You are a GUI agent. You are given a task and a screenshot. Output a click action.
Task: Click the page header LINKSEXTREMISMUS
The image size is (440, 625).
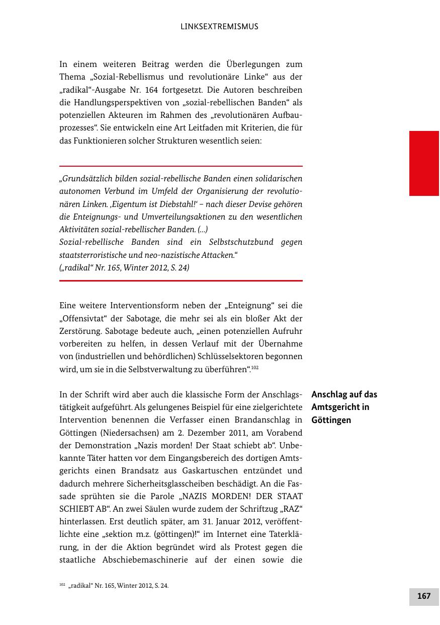tap(219, 27)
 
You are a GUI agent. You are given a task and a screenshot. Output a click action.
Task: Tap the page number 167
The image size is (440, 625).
tap(423, 596)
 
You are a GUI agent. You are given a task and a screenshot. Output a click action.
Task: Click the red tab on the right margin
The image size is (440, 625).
tap(424, 163)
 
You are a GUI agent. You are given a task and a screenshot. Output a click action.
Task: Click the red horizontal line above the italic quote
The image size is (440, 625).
tap(181, 166)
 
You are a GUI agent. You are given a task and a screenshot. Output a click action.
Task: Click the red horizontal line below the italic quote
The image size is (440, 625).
tap(181, 281)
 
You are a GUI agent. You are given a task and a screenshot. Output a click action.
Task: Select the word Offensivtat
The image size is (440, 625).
tap(84, 318)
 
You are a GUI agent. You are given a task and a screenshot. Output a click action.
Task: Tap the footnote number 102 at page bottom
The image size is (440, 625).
tap(62, 585)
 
